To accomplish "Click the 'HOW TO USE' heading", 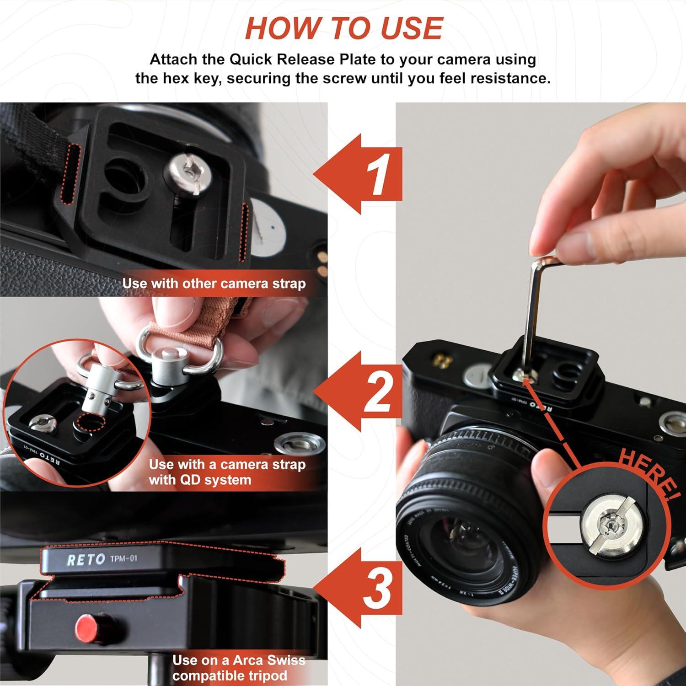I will [343, 28].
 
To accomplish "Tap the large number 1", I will [379, 174].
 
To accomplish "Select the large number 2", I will [378, 391].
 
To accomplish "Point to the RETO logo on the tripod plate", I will [86, 560].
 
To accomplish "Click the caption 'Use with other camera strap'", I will [214, 284].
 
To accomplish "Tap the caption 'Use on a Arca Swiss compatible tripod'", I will [238, 668].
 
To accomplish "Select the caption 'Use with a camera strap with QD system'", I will [226, 472].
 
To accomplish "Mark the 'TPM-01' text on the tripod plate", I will [123, 559].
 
